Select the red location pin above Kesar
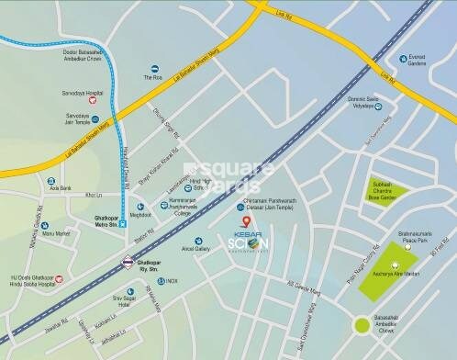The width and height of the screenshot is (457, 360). pyautogui.click(x=243, y=221)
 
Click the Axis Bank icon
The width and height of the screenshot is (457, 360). pyautogui.click(x=51, y=182)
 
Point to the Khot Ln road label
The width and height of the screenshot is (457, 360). pyautogui.click(x=94, y=195)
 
